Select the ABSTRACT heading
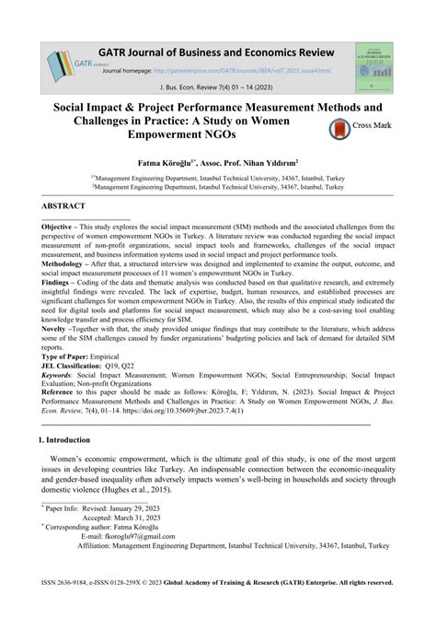coord(63,206)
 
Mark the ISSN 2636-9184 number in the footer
coord(79,582)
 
